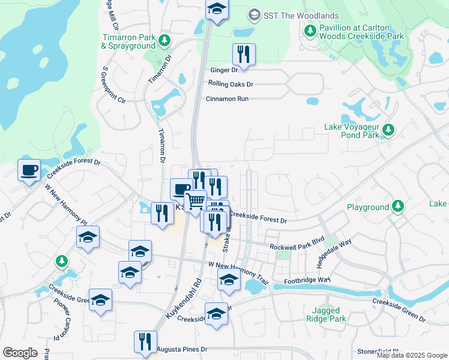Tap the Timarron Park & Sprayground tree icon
coord(164,41)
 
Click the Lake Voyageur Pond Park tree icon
coord(388,129)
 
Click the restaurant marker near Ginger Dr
coord(244,55)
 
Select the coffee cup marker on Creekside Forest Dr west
coord(29,170)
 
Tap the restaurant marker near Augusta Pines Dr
coord(145,343)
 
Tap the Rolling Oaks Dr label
coord(231,84)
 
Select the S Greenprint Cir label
coord(113,83)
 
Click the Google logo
coord(20,352)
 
